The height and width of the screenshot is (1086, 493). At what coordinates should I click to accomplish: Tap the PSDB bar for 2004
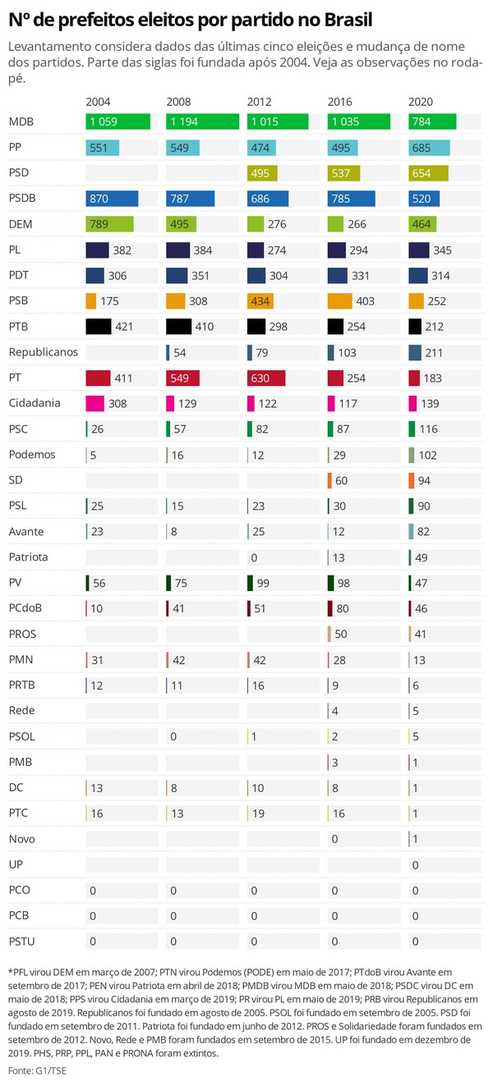point(112,199)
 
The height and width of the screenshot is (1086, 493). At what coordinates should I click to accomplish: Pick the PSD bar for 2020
point(428,172)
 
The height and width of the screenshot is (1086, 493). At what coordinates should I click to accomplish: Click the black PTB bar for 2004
point(98,327)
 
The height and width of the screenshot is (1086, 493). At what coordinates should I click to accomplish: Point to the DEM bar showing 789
point(109,224)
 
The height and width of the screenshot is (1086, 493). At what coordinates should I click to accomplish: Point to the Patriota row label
point(28,557)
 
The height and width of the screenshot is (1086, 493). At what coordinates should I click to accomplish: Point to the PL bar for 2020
point(419,250)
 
